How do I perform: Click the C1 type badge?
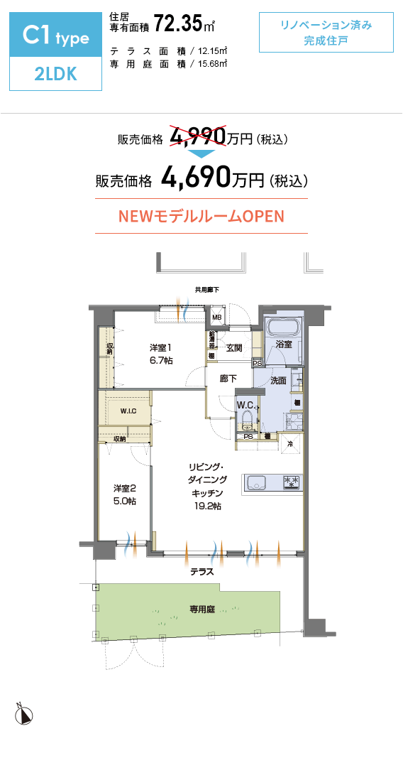(56, 35)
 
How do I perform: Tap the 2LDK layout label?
(56, 74)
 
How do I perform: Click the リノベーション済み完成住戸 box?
(326, 33)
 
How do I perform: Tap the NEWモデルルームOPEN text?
(201, 216)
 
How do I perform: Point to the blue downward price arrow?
(201, 153)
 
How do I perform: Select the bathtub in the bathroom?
(283, 328)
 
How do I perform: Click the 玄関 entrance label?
(235, 348)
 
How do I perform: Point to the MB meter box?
(216, 317)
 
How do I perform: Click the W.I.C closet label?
(128, 411)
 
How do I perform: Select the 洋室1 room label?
(160, 347)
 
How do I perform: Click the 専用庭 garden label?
(202, 609)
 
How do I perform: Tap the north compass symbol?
(23, 714)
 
